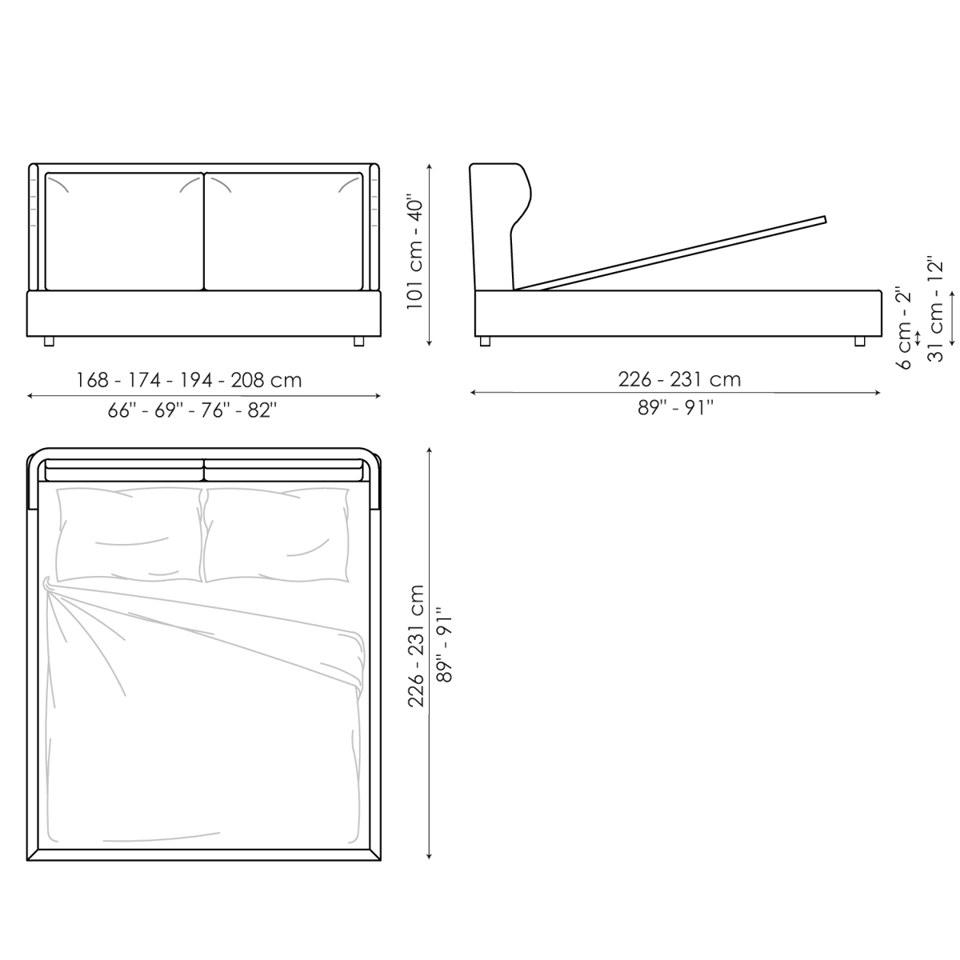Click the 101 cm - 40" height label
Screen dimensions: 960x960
point(415,252)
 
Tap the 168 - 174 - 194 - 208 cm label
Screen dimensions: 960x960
point(189,380)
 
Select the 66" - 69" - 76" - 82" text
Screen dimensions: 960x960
point(192,410)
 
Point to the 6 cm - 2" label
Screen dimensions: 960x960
point(904,328)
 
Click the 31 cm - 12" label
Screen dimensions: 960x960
point(935,309)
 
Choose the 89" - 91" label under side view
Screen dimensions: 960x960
point(675,407)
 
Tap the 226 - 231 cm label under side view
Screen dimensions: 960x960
point(679,380)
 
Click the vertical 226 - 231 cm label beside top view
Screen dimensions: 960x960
point(416,646)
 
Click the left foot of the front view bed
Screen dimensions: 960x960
point(49,342)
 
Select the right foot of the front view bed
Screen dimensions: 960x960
point(358,342)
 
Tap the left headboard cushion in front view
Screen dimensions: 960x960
point(124,231)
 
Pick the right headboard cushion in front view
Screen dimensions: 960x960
point(283,231)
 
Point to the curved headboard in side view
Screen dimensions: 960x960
point(498,226)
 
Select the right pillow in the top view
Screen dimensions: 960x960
point(277,535)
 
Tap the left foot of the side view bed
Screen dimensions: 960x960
point(485,342)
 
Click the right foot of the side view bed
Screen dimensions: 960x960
point(860,342)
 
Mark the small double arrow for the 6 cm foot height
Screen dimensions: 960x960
point(918,337)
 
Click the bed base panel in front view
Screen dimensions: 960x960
point(204,314)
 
